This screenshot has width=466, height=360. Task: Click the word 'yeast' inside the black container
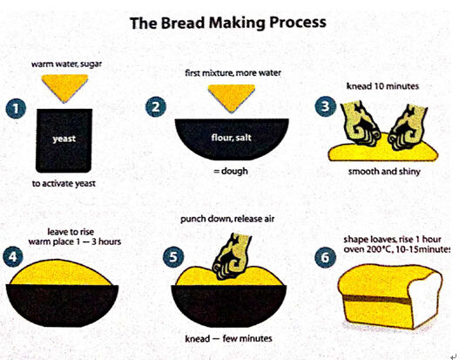[64, 137]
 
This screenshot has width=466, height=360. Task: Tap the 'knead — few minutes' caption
[231, 337]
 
